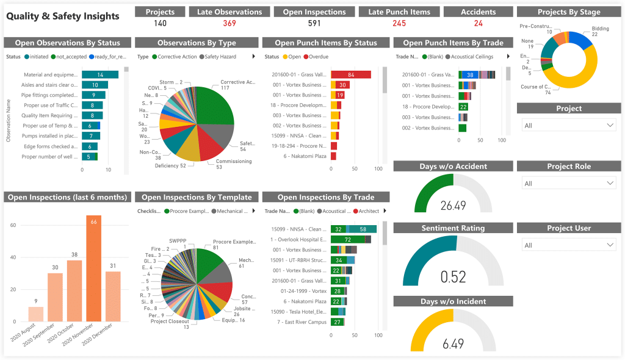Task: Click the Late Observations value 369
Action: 229,23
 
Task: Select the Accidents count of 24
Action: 478,23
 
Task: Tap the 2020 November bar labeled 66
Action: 93,268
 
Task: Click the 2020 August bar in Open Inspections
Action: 36,314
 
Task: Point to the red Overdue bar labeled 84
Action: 351,74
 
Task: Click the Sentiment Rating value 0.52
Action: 453,277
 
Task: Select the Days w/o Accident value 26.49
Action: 453,206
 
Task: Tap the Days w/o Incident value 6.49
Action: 453,344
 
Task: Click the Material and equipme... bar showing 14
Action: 99,74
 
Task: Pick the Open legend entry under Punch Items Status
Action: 291,57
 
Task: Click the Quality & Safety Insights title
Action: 63,16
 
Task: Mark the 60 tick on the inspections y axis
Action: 12,225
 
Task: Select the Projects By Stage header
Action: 569,12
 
